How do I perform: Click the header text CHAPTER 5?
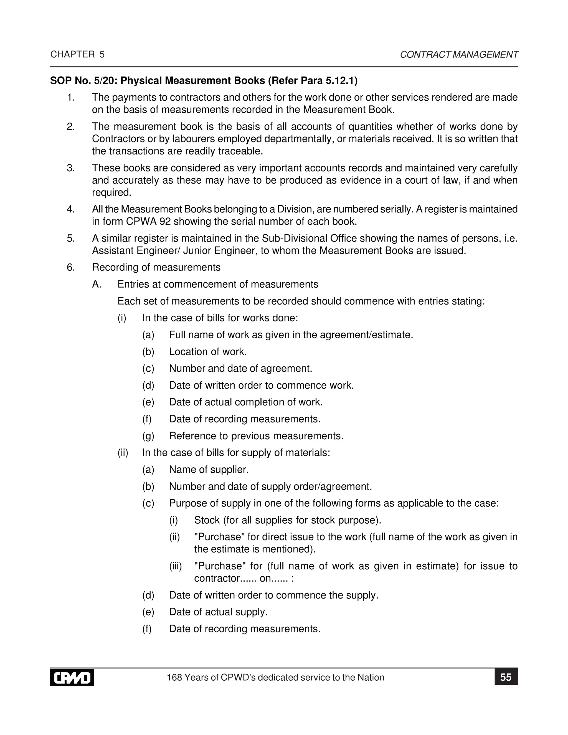pos(77,55)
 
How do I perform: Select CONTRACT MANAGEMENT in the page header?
pos(459,55)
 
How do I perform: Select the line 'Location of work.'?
pos(208,352)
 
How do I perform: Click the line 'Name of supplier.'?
pos(209,470)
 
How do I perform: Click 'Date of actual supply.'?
pos(218,612)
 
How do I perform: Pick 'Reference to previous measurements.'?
pos(256,436)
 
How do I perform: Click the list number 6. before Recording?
pos(71,267)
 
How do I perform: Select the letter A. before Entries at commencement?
pos(97,284)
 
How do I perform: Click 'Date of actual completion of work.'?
pos(246,402)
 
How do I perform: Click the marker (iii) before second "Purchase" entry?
pos(175,566)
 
